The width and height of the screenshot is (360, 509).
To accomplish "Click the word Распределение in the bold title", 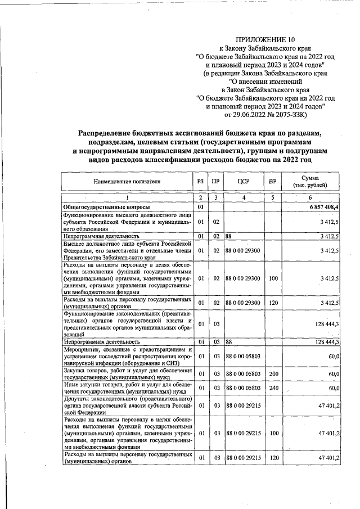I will pos(108,133).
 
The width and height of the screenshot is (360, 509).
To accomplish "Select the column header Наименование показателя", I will pos(127,182).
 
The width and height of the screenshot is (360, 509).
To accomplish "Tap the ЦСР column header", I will pos(243,182).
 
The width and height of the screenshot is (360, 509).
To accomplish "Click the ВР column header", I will pos(272,182).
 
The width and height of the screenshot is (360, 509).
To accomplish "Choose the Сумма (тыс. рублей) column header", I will pos(310,182).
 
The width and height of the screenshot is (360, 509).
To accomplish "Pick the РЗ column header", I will pos(201,182).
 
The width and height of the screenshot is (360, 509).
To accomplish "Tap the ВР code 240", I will pos(272,388).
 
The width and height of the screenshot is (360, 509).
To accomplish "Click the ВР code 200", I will pos(272,373).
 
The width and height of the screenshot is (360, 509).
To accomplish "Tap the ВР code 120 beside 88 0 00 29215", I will pos(272,458).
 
